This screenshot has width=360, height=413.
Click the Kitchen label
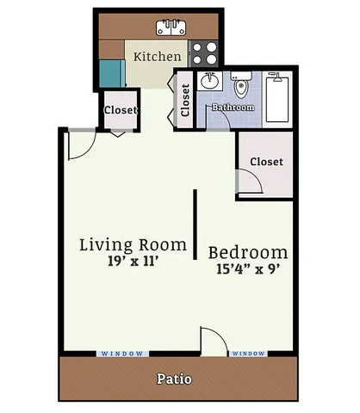pyautogui.click(x=157, y=56)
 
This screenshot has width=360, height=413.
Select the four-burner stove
pyautogui.click(x=203, y=55)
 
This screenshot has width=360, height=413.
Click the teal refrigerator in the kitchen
pyautogui.click(x=109, y=73)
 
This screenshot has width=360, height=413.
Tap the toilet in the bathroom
pyautogui.click(x=242, y=87)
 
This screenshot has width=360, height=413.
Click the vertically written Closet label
pyautogui.click(x=185, y=101)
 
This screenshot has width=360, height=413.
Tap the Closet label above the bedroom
pyautogui.click(x=266, y=162)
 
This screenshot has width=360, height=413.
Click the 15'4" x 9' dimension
pyautogui.click(x=248, y=268)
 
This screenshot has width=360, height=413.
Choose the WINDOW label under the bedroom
pyautogui.click(x=248, y=354)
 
